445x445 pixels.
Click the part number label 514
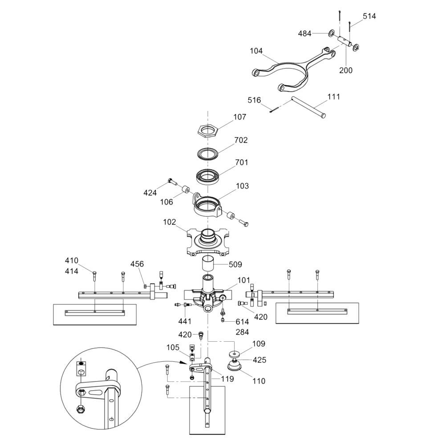click(369, 16)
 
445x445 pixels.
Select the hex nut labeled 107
click(208, 131)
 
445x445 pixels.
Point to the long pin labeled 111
click(308, 107)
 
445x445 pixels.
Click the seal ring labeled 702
click(208, 153)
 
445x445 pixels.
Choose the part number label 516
click(254, 100)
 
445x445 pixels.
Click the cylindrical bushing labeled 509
click(208, 263)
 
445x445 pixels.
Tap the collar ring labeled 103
click(207, 207)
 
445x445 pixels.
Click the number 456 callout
click(137, 264)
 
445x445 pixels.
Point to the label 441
click(185, 321)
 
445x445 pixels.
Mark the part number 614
click(243, 322)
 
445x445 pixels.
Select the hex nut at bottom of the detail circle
click(81, 409)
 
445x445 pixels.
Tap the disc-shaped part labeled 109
click(235, 355)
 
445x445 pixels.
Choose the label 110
click(259, 381)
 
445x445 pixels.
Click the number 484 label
click(304, 33)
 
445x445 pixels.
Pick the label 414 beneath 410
click(72, 271)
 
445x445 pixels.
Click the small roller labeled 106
click(186, 189)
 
